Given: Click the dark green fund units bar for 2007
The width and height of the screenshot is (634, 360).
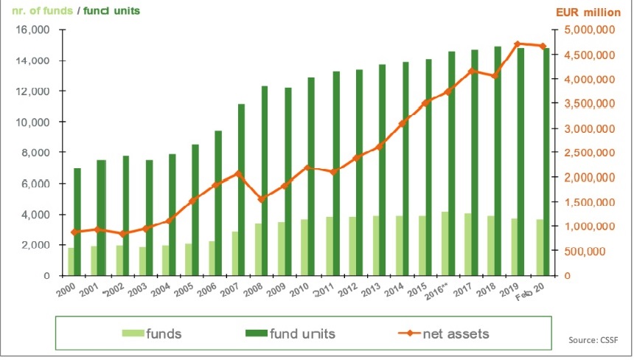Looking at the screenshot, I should point(241,190).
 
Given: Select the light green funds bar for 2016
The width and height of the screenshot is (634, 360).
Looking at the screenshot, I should point(444,243).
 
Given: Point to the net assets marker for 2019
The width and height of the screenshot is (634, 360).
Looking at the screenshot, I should point(518,44).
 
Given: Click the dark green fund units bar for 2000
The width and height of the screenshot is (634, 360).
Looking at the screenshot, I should point(77,221).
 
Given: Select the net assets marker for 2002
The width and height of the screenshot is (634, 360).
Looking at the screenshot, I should point(124,234).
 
